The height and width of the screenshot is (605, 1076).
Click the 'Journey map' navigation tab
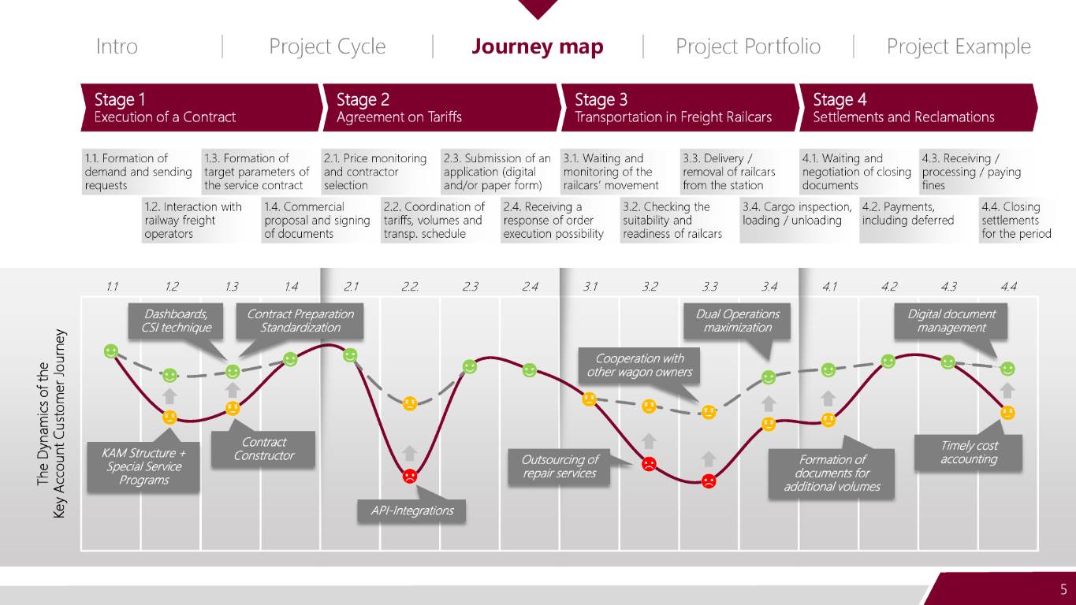tap(537, 46)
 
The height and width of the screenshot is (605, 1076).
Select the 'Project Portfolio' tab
tap(748, 46)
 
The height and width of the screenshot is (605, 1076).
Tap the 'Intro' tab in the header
tap(117, 46)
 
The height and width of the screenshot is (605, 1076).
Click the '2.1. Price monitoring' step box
tap(379, 172)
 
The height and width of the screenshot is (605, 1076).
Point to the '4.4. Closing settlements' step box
tap(1016, 221)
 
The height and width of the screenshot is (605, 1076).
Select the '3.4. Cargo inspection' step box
tap(798, 221)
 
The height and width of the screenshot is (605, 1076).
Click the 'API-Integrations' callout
tap(411, 510)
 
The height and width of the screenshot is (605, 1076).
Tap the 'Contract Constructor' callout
tap(263, 449)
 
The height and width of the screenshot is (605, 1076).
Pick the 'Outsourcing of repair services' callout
tap(559, 466)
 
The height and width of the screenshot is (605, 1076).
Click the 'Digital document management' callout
tap(951, 321)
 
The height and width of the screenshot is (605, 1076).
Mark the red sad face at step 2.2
tap(410, 477)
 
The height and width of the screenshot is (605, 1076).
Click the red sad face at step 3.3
tap(709, 481)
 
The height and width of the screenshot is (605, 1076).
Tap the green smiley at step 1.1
tap(111, 351)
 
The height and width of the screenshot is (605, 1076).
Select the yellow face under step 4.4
tap(1007, 413)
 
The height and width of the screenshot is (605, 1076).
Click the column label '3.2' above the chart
tap(650, 287)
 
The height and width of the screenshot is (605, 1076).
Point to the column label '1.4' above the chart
tap(291, 287)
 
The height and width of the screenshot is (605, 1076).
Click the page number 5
tap(1063, 589)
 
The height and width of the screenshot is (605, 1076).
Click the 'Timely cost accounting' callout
tap(968, 452)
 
